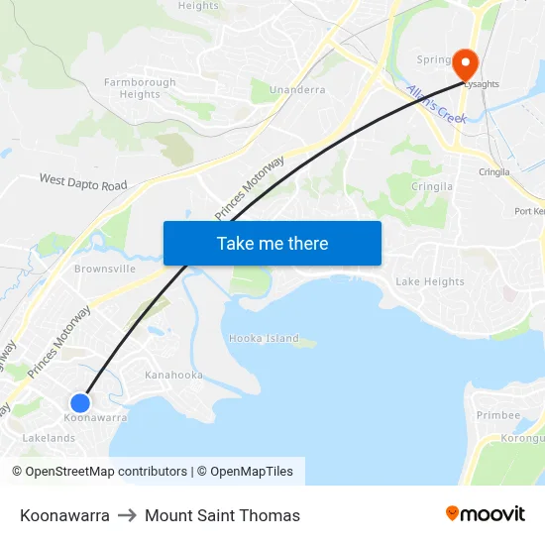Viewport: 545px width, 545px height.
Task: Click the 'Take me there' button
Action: [272, 243]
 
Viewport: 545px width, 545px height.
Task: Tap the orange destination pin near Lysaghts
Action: [464, 63]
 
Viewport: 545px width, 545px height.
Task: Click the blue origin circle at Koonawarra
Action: [80, 402]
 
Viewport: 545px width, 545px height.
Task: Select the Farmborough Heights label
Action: [140, 88]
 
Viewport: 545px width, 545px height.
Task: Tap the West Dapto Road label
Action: [83, 182]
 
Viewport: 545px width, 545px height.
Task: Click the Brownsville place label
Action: [105, 269]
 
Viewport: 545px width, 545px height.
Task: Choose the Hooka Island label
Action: [264, 338]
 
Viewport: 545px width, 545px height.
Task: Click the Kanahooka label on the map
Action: [173, 375]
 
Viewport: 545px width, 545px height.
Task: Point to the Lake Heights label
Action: [430, 281]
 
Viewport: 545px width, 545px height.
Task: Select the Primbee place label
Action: [497, 415]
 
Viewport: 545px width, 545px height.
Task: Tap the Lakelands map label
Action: [49, 438]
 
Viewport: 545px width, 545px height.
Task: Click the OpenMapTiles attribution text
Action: [252, 472]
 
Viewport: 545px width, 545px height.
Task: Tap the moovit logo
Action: [485, 513]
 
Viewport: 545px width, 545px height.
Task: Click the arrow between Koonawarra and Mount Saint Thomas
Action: [127, 515]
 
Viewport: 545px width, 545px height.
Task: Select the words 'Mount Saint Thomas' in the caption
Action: [222, 515]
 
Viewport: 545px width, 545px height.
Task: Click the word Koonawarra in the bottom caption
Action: [64, 515]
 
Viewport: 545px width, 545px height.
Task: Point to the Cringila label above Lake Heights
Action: [433, 185]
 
